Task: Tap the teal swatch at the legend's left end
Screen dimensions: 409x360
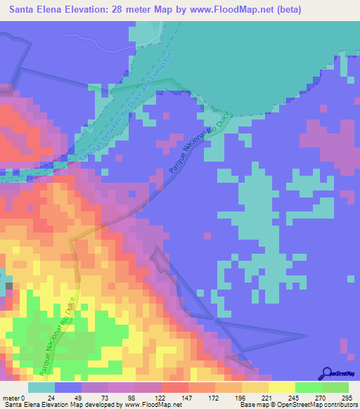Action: tap(41, 387)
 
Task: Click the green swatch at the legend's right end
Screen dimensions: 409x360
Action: tap(335, 387)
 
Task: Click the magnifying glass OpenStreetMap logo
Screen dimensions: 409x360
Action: tap(326, 373)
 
